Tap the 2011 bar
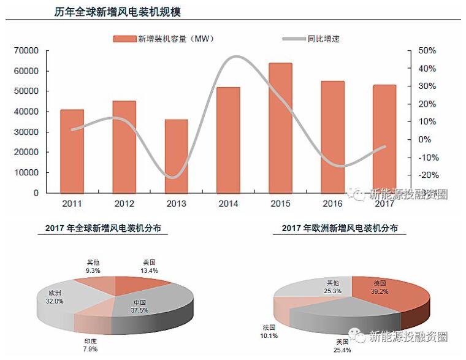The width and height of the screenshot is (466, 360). pos(72,151)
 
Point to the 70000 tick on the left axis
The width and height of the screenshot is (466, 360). pos(27,50)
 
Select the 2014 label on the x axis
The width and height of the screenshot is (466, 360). pos(228,204)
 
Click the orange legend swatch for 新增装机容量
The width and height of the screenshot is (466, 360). pos(124,39)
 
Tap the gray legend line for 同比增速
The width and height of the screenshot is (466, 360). pos(296,39)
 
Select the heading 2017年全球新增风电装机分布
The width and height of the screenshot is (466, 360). pos(107,228)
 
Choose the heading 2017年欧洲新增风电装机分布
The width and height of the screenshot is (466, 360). pos(339,228)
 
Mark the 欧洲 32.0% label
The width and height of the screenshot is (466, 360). pos(55,297)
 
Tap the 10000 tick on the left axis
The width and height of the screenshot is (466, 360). pos(27,172)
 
